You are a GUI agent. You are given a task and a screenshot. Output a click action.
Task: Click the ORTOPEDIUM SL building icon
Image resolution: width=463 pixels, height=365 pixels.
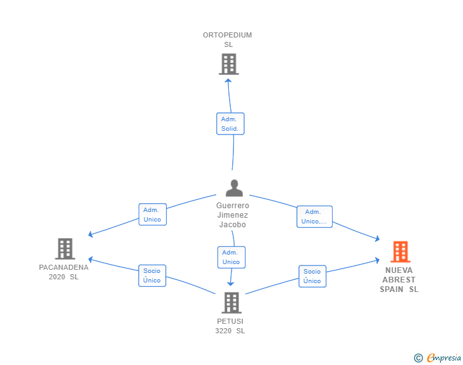[228, 64]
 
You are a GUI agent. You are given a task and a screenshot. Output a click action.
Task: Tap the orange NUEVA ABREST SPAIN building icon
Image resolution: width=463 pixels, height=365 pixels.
[400, 251]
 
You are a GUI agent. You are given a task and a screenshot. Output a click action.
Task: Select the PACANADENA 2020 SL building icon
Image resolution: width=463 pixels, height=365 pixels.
[65, 249]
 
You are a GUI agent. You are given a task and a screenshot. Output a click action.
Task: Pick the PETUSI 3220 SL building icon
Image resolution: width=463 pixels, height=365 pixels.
[231, 303]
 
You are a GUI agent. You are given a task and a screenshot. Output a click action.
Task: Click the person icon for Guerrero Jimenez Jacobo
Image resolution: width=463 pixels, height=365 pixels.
[234, 188]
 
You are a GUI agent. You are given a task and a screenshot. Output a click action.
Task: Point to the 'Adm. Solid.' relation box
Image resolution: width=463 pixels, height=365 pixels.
[230, 124]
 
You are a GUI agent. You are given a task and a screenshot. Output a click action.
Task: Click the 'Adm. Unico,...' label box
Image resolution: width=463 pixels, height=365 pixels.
[314, 216]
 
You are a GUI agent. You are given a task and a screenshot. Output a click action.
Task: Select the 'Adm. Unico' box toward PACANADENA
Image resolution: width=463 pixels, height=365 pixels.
[152, 215]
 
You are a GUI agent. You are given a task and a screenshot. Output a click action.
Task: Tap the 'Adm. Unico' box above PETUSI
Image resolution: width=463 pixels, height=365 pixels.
[231, 257]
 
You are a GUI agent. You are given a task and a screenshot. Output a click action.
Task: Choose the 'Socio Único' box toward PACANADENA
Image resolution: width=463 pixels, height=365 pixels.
[152, 275]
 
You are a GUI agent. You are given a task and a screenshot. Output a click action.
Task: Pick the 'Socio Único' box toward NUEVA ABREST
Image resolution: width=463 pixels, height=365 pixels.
[312, 276]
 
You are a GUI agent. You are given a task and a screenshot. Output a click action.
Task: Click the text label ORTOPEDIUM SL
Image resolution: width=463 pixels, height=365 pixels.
[228, 40]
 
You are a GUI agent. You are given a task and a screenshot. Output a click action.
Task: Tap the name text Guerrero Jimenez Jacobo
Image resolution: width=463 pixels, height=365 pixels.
[233, 215]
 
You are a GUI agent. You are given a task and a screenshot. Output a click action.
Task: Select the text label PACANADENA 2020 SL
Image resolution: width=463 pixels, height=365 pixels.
[64, 272]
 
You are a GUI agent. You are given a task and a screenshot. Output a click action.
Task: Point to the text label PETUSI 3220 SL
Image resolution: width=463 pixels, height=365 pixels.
[230, 326]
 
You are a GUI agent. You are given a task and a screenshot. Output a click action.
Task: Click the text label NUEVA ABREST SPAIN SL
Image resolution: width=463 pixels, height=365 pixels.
[399, 279]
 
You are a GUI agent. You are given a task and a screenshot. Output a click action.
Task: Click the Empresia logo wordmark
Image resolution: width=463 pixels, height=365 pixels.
[444, 358]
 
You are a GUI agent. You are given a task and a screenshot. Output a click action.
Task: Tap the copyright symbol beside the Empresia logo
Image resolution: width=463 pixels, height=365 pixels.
[418, 359]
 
